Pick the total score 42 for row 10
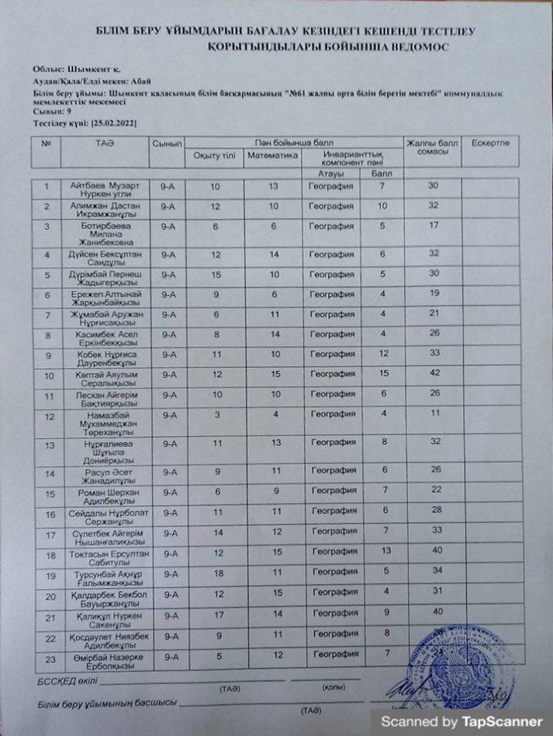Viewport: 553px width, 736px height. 434,374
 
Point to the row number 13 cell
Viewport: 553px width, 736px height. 50,445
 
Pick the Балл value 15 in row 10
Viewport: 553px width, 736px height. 382,374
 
